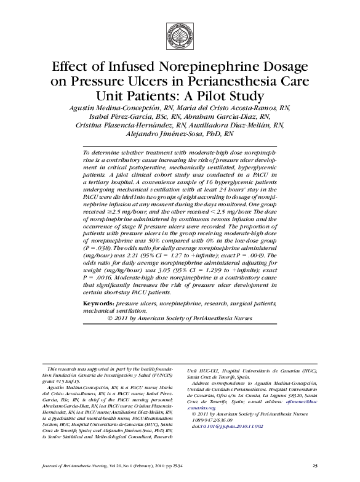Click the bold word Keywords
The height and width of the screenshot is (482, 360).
[98, 304]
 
